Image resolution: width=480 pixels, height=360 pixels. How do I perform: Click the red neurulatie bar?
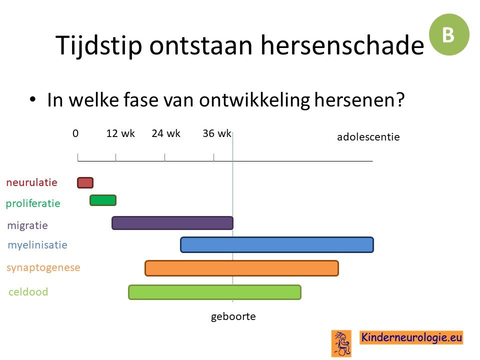tap(85, 182)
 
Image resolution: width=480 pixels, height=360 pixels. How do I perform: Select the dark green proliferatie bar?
tap(103, 200)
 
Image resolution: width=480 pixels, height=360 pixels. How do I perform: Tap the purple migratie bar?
tap(172, 223)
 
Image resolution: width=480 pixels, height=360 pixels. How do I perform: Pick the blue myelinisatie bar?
tap(277, 244)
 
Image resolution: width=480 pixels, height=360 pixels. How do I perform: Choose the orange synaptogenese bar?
tap(242, 268)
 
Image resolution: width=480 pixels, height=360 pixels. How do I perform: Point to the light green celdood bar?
tap(214, 292)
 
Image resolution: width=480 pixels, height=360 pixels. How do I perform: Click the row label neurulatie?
tap(32, 182)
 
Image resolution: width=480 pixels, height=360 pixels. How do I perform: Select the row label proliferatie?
tap(33, 203)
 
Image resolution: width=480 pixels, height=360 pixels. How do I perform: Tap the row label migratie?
tap(27, 225)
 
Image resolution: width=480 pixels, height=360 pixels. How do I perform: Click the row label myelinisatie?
tap(37, 245)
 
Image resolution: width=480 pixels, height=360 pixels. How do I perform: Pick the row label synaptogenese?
tap(43, 267)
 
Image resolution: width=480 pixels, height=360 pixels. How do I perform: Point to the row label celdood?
tap(28, 291)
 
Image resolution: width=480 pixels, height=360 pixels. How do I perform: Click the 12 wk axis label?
tap(120, 133)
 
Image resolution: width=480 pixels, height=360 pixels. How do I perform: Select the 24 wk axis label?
tap(166, 133)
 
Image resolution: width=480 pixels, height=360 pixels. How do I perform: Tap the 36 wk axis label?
tap(216, 133)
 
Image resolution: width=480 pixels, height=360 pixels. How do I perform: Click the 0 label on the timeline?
tap(75, 133)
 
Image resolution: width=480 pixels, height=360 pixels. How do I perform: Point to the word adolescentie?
tap(368, 137)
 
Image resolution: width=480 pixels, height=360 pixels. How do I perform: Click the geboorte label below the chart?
tap(233, 316)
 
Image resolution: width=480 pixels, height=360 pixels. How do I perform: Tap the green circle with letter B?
tap(449, 34)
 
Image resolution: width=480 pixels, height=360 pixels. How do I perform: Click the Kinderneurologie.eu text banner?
tap(411, 337)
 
